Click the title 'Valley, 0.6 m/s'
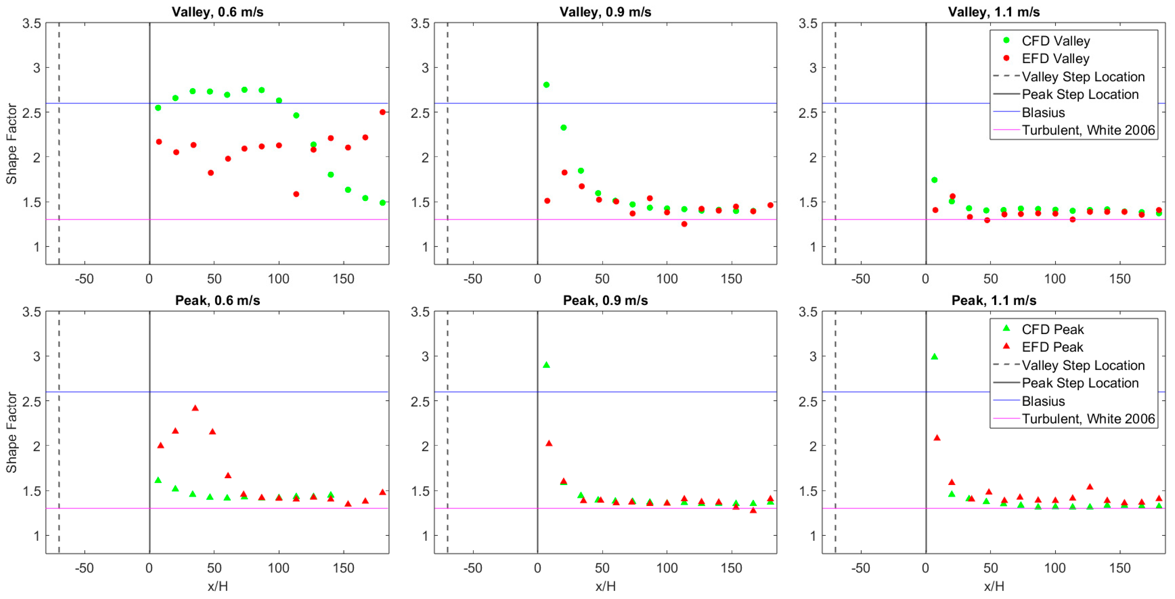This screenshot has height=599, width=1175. pyautogui.click(x=218, y=12)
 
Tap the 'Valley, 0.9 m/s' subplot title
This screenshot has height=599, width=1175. pyautogui.click(x=605, y=12)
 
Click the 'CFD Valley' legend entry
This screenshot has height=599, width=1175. pyautogui.click(x=1055, y=41)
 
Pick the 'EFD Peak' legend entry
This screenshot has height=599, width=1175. pyautogui.click(x=1052, y=347)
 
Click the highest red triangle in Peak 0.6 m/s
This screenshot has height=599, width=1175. pyautogui.click(x=195, y=408)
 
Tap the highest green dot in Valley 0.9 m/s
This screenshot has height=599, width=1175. pyautogui.click(x=546, y=85)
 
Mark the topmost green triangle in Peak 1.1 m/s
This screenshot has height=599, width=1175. pyautogui.click(x=934, y=357)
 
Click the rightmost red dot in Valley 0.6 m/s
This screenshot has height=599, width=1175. pyautogui.click(x=382, y=112)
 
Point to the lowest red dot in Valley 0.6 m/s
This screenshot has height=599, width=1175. pyautogui.click(x=296, y=194)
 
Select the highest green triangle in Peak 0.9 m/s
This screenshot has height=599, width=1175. pyautogui.click(x=546, y=365)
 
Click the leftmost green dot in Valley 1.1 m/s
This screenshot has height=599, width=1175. pyautogui.click(x=934, y=180)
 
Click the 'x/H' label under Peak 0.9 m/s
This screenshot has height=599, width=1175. pyautogui.click(x=605, y=586)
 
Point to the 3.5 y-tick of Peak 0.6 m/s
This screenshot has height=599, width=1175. pyautogui.click(x=32, y=312)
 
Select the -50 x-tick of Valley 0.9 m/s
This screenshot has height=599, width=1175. pyautogui.click(x=472, y=279)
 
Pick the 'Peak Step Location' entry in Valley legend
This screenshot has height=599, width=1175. pyautogui.click(x=1080, y=94)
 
